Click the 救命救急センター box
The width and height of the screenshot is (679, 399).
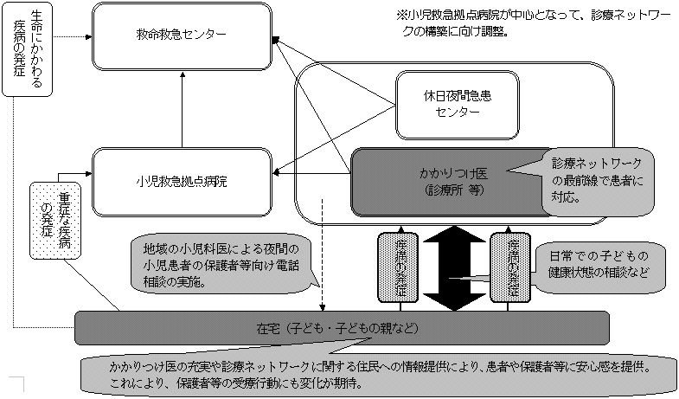pyautogui.click(x=182, y=36)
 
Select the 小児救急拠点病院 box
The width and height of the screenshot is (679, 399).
pyautogui.click(x=182, y=181)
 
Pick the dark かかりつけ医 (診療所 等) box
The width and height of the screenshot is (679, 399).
pyautogui.click(x=441, y=180)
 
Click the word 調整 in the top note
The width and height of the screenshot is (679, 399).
pyautogui.click(x=490, y=32)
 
